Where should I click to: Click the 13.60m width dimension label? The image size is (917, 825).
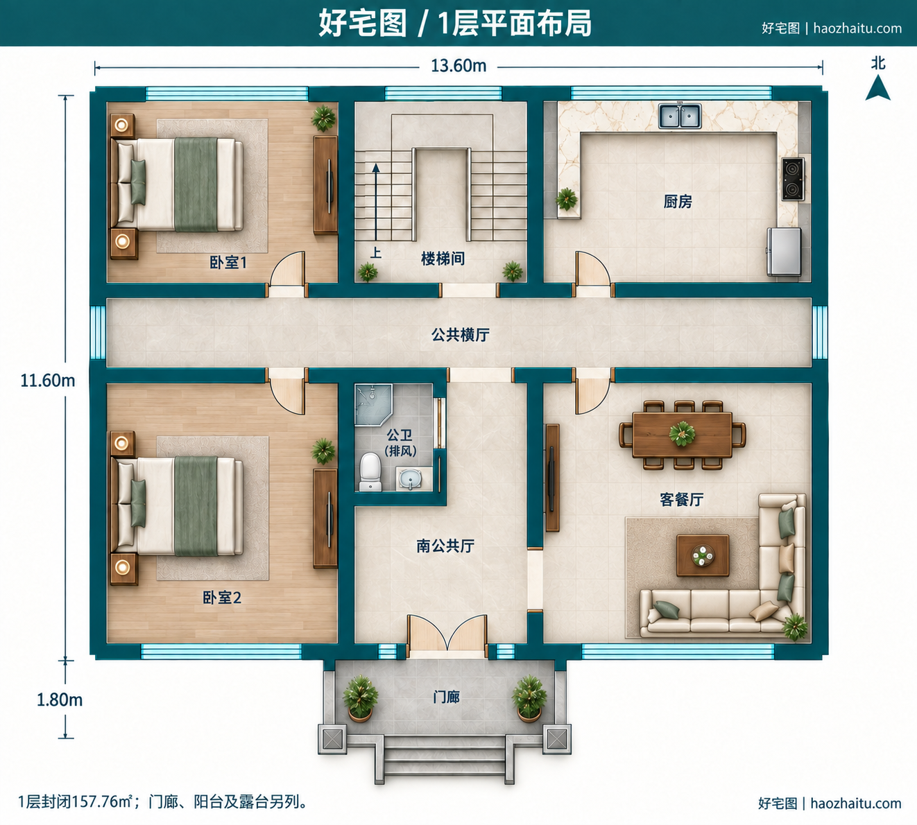pos(458,67)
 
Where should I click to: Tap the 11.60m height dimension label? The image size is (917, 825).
pos(48,381)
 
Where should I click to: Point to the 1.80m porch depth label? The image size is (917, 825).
pos(60,700)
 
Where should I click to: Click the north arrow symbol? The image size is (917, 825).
pos(877,88)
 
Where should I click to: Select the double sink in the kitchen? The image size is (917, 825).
pos(680,116)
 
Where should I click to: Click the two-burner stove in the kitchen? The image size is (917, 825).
pos(793,179)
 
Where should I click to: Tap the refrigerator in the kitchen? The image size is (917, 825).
pos(784,252)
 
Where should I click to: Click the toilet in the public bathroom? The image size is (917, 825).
pos(370,471)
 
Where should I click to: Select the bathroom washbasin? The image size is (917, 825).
pos(410,479)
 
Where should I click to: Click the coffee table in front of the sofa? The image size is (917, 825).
pos(703,556)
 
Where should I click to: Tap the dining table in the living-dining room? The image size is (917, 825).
pos(682,434)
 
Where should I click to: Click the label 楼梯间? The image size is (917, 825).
pos(443,259)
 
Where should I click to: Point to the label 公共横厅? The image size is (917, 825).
pos(461,335)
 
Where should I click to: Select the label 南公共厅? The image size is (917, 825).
pos(445,546)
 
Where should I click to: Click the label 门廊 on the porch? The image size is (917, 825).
pos(446,697)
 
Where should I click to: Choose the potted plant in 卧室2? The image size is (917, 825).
pos(323,451)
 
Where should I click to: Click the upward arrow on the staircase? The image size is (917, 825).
pos(376,202)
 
